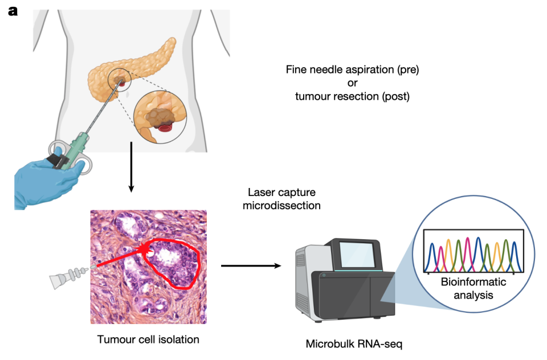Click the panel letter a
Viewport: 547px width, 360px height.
pyautogui.click(x=13, y=11)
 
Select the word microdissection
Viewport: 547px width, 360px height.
pyautogui.click(x=281, y=206)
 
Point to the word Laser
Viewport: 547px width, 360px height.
pyautogui.click(x=262, y=192)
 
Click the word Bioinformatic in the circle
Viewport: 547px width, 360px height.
pyautogui.click(x=473, y=282)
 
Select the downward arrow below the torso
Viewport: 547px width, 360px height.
pyautogui.click(x=131, y=167)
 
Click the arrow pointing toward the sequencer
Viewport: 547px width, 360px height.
pyautogui.click(x=251, y=266)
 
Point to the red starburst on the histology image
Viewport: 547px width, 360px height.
pyautogui.click(x=144, y=248)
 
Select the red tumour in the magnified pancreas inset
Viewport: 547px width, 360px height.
pyautogui.click(x=165, y=128)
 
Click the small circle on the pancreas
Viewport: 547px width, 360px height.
pyautogui.click(x=119, y=80)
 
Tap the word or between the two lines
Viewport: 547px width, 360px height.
pyautogui.click(x=352, y=83)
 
